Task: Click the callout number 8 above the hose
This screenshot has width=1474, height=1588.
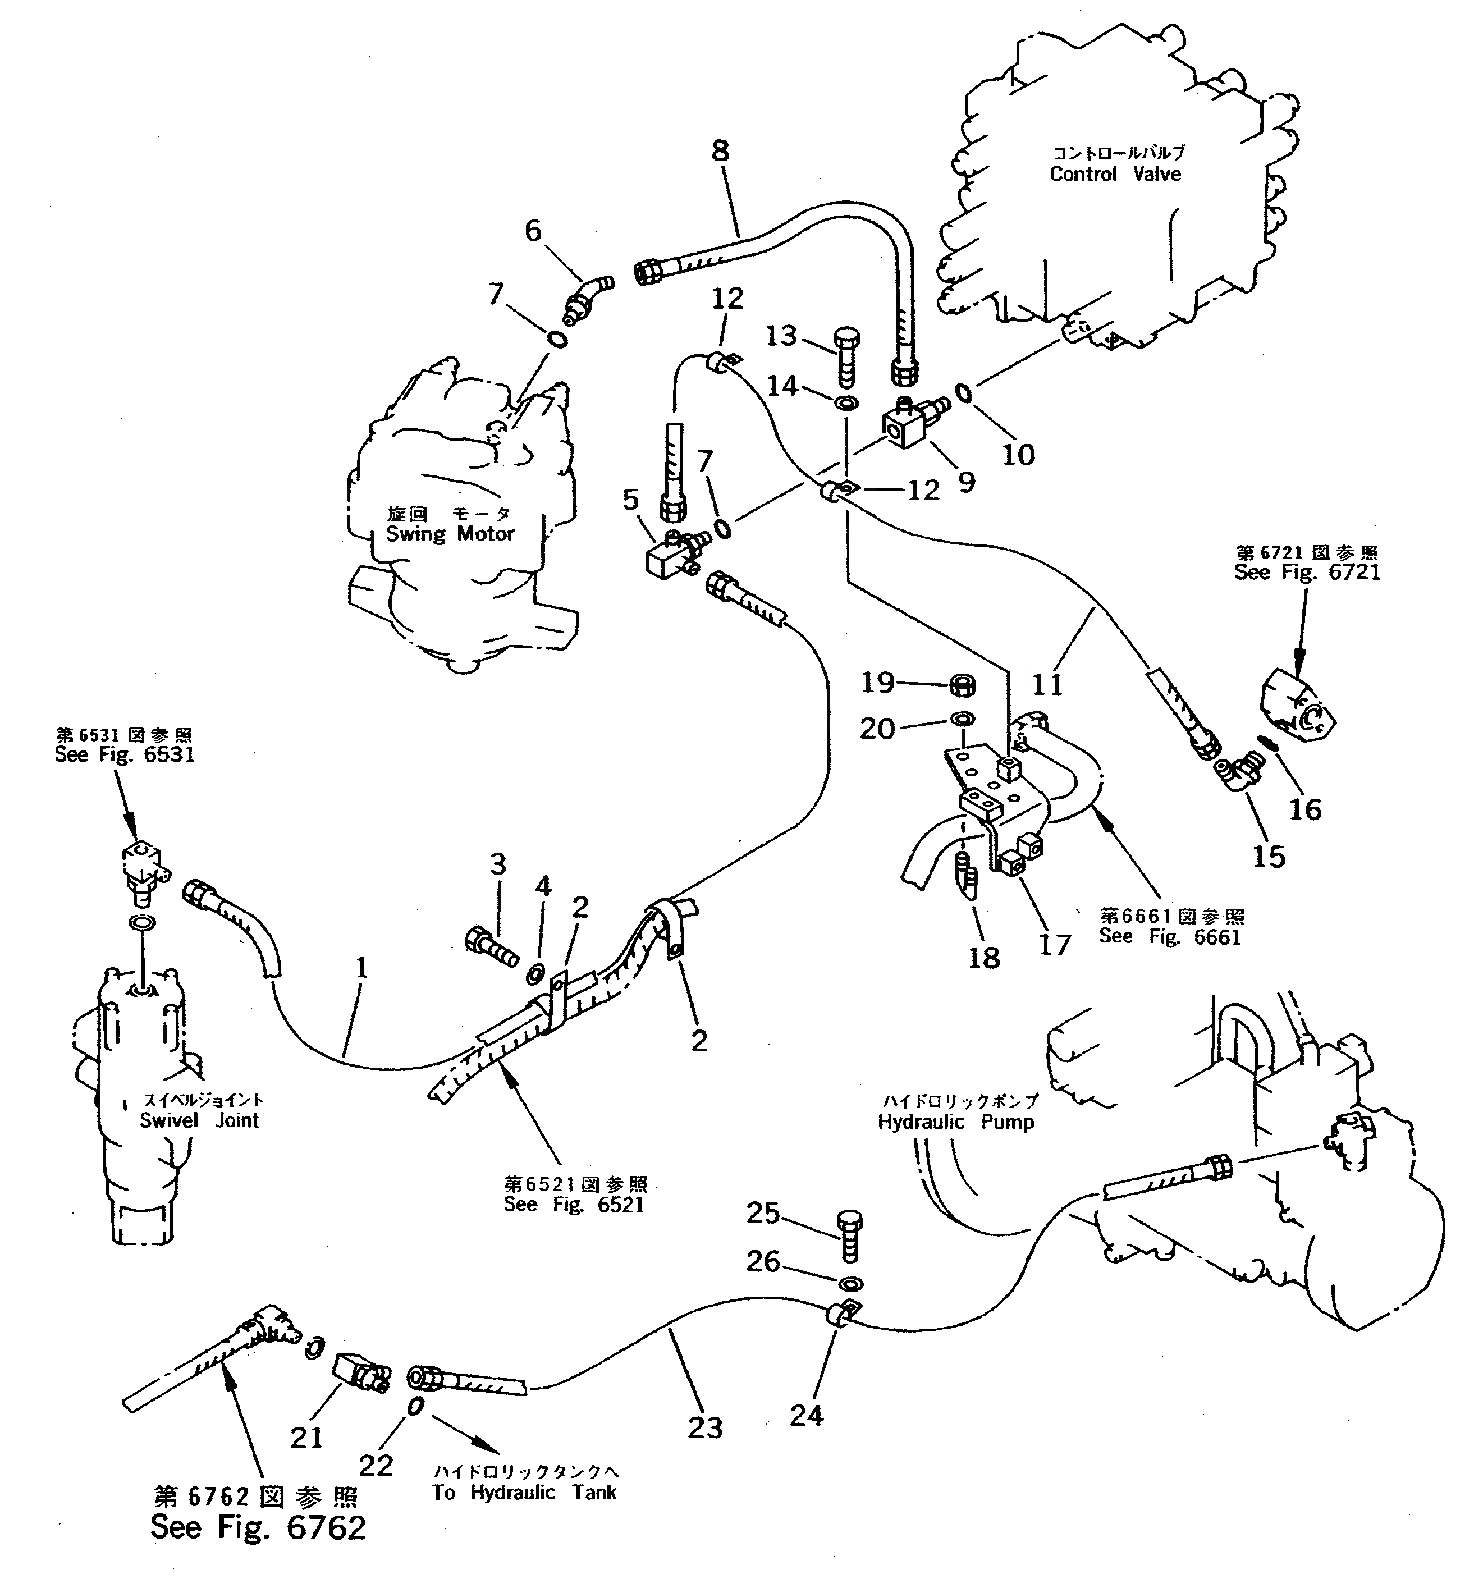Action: [x=720, y=151]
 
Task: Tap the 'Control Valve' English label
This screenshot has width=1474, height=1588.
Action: [x=1115, y=174]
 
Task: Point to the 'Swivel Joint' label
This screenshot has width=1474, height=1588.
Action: [x=199, y=1120]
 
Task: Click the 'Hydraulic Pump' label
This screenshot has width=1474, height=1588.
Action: [x=955, y=1122]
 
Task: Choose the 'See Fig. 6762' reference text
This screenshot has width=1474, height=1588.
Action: [x=258, y=1527]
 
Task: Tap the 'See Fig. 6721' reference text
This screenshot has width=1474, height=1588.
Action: [x=1307, y=572]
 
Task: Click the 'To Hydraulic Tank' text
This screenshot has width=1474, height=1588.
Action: [x=524, y=1492]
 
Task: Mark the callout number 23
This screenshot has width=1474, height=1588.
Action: [x=704, y=1427]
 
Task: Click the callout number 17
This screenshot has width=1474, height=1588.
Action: [x=1055, y=945]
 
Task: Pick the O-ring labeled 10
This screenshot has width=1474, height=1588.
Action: [x=964, y=392]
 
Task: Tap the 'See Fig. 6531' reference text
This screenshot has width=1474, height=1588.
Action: [x=125, y=754]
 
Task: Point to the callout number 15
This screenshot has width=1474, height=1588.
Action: [x=1268, y=857]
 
